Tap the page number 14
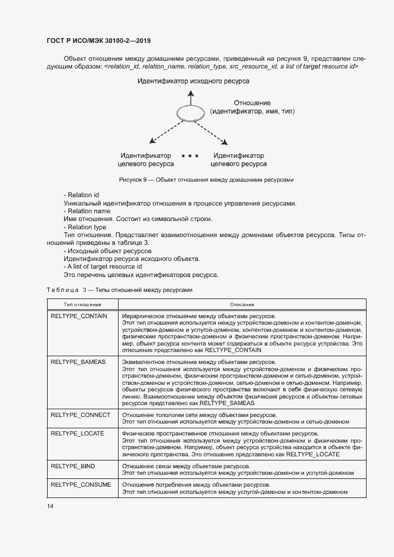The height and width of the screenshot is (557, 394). pyautogui.click(x=50, y=506)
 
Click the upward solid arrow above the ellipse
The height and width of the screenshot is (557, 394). pyautogui.click(x=190, y=98)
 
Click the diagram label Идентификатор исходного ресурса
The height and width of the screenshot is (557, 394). pyautogui.click(x=194, y=80)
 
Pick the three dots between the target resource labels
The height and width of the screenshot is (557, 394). pyautogui.click(x=190, y=155)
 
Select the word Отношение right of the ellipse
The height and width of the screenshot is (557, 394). pyautogui.click(x=252, y=102)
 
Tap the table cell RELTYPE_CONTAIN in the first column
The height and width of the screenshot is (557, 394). pyautogui.click(x=79, y=316)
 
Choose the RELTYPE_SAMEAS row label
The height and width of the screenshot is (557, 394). pyautogui.click(x=78, y=362)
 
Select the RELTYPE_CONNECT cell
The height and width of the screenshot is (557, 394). pyautogui.click(x=80, y=414)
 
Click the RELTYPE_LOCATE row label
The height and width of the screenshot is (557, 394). pyautogui.click(x=77, y=433)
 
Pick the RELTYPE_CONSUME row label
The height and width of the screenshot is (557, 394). pyautogui.click(x=80, y=485)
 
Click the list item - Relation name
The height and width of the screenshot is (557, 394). pyautogui.click(x=86, y=211)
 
